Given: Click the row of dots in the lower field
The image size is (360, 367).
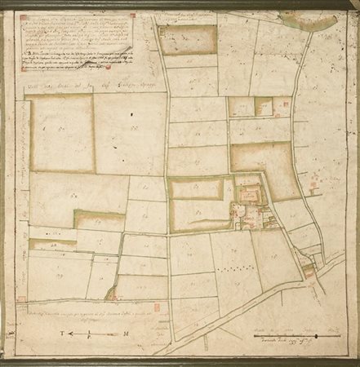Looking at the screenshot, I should (x=237, y=267).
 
